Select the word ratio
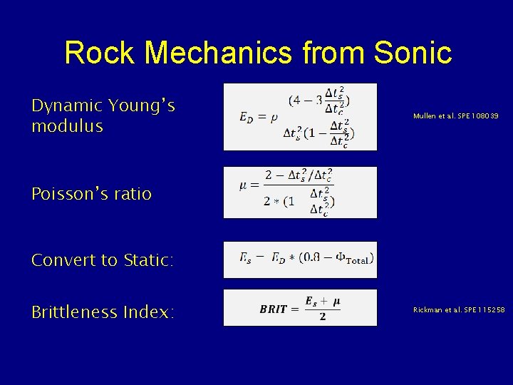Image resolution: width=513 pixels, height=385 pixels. click(132, 193)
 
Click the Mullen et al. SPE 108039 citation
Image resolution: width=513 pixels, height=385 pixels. click(456, 115)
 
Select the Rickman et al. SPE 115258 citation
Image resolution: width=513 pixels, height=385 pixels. click(460, 310)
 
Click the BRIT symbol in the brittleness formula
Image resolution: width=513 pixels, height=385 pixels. click(274, 309)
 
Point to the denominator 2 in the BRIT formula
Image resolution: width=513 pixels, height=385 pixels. click(323, 317)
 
